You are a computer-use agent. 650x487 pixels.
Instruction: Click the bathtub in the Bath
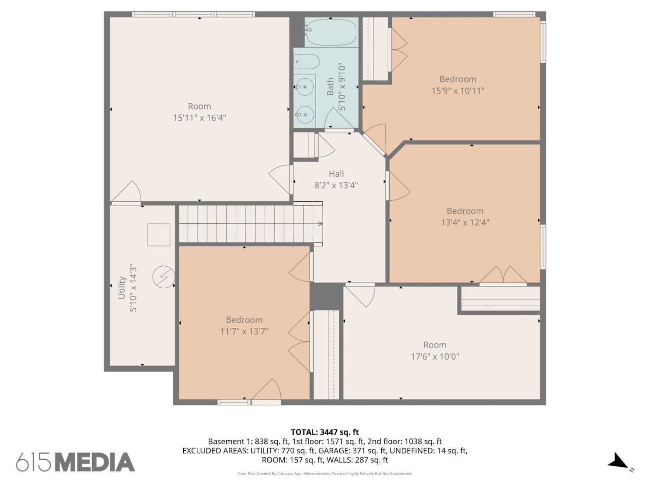pyautogui.click(x=331, y=32)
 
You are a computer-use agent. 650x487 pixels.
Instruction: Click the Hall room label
pyautogui.click(x=336, y=174)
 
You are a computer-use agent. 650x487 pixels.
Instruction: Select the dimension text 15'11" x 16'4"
pyautogui.click(x=199, y=118)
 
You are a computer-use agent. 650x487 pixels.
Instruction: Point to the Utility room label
pyautogui.click(x=122, y=287)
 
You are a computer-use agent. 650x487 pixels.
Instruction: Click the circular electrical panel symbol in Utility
pyautogui.click(x=163, y=277)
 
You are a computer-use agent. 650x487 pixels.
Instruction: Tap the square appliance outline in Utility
pyautogui.click(x=159, y=235)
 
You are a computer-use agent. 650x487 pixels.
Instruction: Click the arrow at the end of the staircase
pyautogui.click(x=320, y=224)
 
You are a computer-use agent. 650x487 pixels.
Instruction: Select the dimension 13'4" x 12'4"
pyautogui.click(x=465, y=223)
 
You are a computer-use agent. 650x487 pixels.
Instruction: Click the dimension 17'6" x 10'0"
pyautogui.click(x=435, y=356)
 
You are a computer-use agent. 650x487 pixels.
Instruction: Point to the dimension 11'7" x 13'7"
pyautogui.click(x=244, y=331)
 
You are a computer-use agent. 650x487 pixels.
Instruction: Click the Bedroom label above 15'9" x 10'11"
pyautogui.click(x=458, y=79)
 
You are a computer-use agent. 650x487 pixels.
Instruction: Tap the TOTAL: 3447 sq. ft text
pyautogui.click(x=325, y=432)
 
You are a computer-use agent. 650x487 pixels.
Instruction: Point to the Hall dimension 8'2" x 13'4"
pyautogui.click(x=336, y=185)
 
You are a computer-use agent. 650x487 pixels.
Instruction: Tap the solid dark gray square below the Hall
pyautogui.click(x=326, y=297)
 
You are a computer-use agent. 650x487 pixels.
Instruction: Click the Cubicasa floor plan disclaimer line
pyautogui.click(x=325, y=474)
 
